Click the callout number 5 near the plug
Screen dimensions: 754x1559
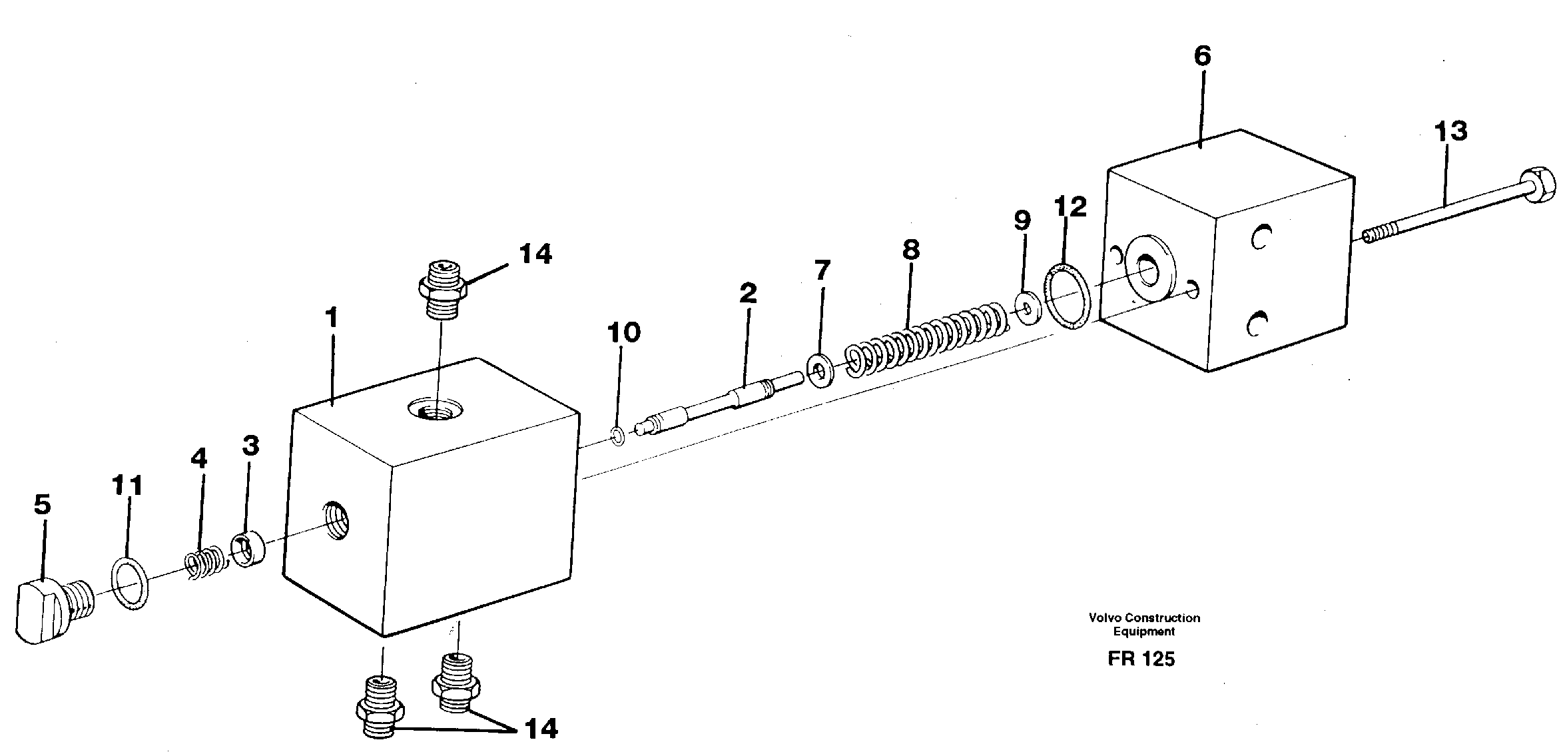point(42,506)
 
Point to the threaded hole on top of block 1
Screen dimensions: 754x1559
point(436,408)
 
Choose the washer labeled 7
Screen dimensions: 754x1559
point(820,370)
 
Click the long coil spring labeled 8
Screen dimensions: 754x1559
point(926,339)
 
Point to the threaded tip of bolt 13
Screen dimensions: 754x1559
point(1376,236)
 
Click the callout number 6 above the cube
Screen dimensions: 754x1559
point(1201,57)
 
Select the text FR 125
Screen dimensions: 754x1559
point(1141,659)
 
